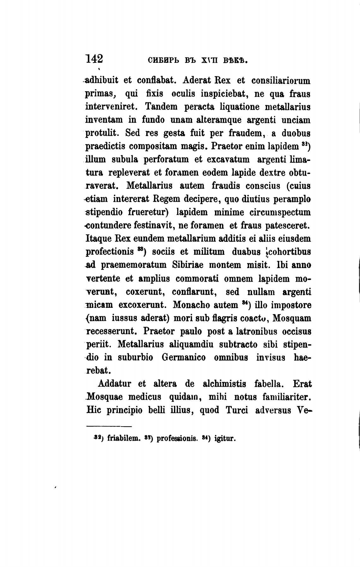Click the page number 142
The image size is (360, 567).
(94, 59)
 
